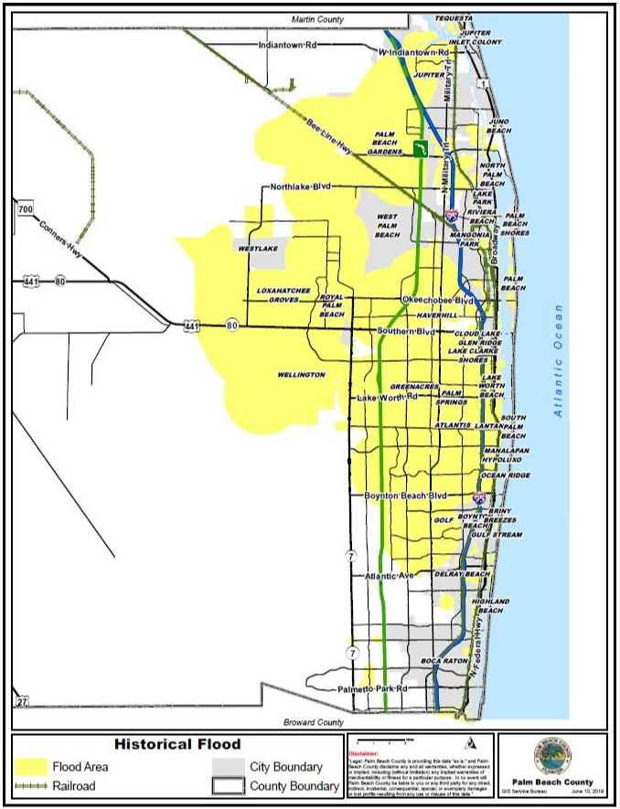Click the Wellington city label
pos(301,375)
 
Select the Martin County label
pos(317,18)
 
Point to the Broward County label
pos(313,722)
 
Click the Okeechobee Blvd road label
pos(437,300)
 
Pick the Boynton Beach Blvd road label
pos(405,495)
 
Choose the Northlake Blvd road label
pos(300,187)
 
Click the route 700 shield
pos(25,210)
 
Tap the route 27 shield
pos(23,701)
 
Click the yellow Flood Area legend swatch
pos(31,767)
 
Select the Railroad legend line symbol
pos(31,785)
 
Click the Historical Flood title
pos(177,744)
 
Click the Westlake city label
pos(257,249)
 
